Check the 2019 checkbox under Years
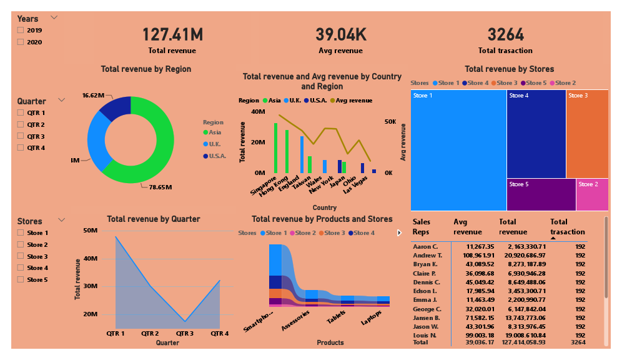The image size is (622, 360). coord(21,30)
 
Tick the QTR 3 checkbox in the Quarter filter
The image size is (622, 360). coord(21,136)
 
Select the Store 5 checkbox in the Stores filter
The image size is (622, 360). coord(21,279)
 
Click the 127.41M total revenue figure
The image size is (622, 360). coord(172,35)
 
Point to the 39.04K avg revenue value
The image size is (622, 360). coord(338,35)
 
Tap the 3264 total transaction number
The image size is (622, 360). coord(505,35)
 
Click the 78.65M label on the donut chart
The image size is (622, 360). coord(160,187)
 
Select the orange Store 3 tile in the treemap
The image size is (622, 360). coord(586,134)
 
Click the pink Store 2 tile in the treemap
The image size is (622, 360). coord(591,195)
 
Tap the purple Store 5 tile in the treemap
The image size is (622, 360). coord(540,195)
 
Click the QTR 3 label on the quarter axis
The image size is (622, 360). coord(184,334)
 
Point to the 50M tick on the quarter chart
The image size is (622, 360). coord(90,231)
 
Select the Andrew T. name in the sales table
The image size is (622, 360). coord(427,256)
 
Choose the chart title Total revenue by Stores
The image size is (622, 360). coord(509,69)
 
